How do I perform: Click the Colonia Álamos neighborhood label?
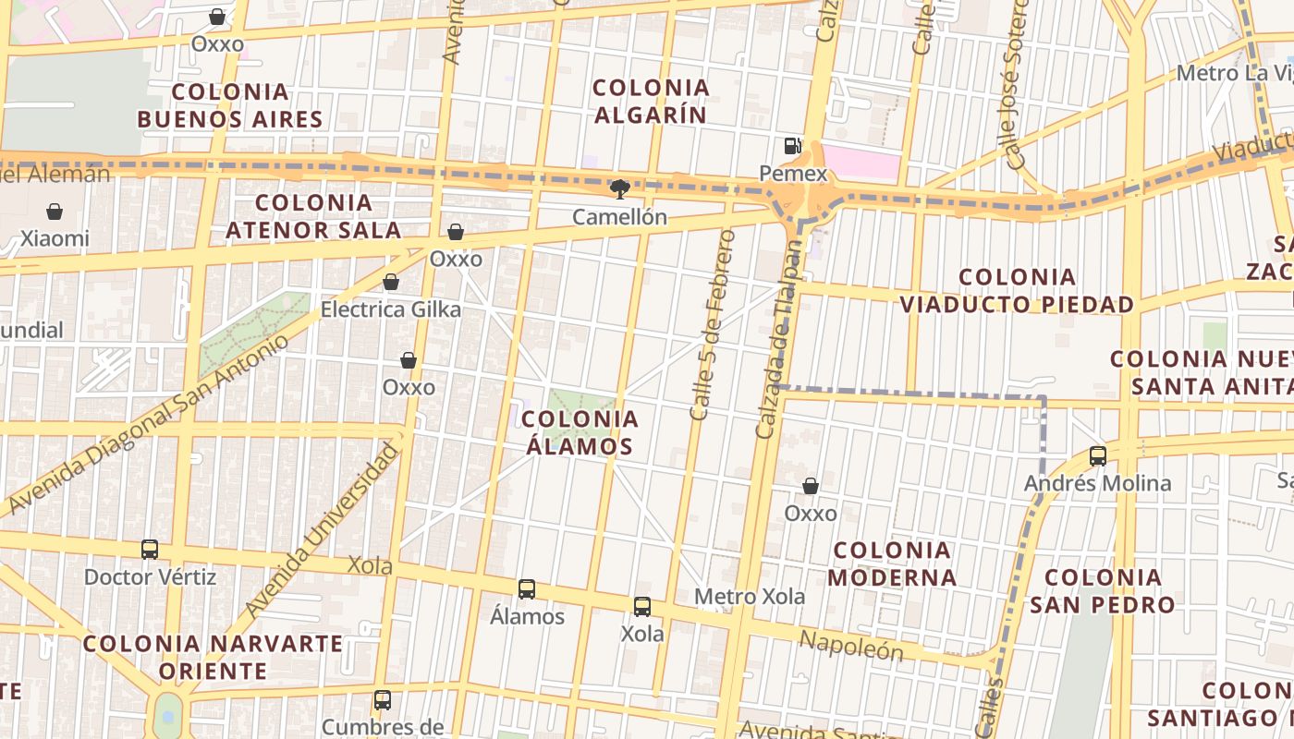click(x=580, y=432)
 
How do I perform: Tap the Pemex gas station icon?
click(x=792, y=145)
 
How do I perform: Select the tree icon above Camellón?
click(x=619, y=190)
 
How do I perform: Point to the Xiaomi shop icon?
click(x=55, y=212)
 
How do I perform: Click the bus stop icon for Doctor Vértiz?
click(x=150, y=550)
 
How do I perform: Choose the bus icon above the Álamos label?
click(x=527, y=588)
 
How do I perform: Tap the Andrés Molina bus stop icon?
click(x=1098, y=455)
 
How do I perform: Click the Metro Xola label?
click(x=750, y=597)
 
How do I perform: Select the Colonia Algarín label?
click(x=651, y=102)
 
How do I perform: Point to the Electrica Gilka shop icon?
click(x=391, y=282)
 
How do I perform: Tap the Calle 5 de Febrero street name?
click(x=713, y=324)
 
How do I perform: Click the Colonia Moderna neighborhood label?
click(x=892, y=563)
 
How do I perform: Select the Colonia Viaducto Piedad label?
click(x=1017, y=291)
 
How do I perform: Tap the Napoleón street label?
click(x=850, y=647)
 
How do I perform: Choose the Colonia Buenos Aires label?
click(x=230, y=105)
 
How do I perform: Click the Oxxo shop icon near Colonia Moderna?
click(x=811, y=486)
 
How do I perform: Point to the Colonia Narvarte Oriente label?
click(x=214, y=657)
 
